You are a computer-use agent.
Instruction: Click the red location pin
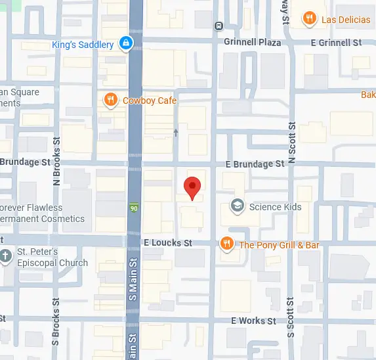191,187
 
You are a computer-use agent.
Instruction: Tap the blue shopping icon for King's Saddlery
126,45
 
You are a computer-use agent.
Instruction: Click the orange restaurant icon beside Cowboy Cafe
111,100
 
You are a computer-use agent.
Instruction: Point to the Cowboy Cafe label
150,100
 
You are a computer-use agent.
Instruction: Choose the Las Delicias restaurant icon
309,19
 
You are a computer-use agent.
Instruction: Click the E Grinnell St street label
336,43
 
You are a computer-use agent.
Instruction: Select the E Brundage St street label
255,164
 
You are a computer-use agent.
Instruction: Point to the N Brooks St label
56,162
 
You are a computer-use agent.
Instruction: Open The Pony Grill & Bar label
280,245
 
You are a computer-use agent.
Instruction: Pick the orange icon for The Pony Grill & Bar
227,244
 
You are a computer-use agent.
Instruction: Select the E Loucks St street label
167,243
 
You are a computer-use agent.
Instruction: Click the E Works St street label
253,321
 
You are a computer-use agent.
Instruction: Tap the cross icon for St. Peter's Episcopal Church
6,256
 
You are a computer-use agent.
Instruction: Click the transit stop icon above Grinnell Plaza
219,26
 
